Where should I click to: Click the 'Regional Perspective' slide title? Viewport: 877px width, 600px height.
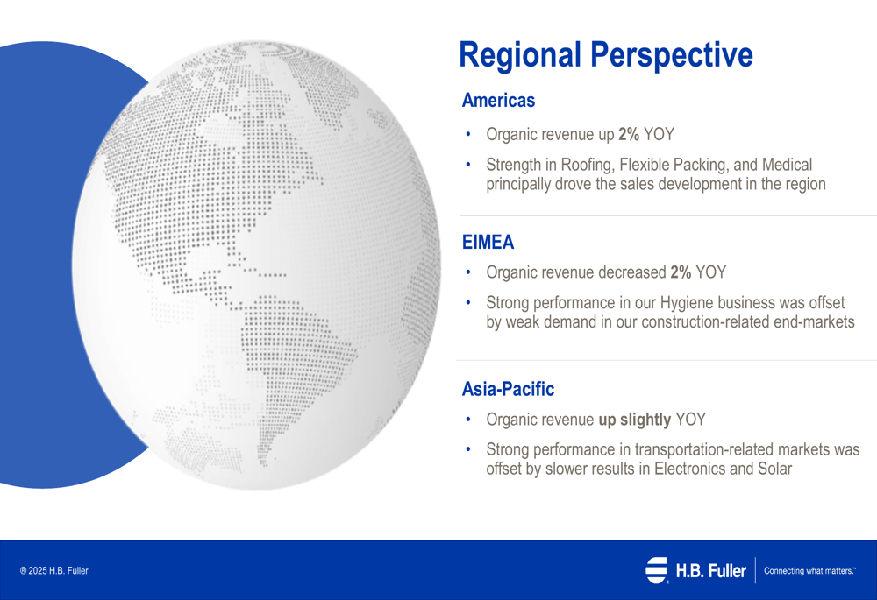[x=606, y=55]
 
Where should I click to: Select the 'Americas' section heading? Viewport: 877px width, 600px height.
[x=498, y=101]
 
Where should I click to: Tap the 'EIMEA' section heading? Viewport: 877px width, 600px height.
[x=488, y=242]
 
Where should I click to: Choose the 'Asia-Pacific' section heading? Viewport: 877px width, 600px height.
[x=508, y=389]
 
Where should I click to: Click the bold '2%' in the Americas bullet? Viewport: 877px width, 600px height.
[x=629, y=134]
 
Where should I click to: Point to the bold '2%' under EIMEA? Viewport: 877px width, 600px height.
[x=681, y=272]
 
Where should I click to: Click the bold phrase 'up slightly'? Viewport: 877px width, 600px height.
[x=635, y=420]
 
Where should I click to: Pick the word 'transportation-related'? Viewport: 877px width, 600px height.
[x=703, y=449]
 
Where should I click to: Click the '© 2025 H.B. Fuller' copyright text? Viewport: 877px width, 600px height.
[x=54, y=570]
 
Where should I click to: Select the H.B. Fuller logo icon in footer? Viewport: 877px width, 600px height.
[x=657, y=570]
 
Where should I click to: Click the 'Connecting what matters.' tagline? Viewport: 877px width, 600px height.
[x=809, y=570]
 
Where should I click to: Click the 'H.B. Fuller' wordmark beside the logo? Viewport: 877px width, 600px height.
[x=710, y=570]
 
